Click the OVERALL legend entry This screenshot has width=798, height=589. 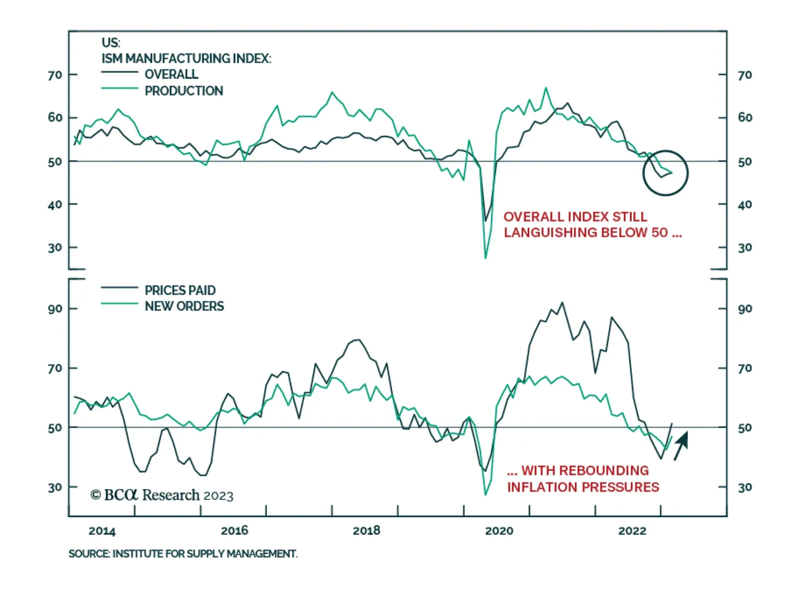click(171, 74)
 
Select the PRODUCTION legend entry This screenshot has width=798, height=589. click(184, 91)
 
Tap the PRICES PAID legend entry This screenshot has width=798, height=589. click(180, 290)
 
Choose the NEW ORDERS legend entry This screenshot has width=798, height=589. click(184, 306)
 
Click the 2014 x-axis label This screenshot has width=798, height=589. click(102, 531)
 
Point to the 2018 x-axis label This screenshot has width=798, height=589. click(366, 531)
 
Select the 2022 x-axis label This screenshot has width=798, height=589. click(632, 531)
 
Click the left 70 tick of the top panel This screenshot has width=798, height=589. click(55, 75)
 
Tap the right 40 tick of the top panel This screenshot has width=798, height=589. click(745, 204)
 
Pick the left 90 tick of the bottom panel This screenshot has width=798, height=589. click(55, 309)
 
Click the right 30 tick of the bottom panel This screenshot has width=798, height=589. click(745, 487)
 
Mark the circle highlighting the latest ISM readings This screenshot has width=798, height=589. click(665, 173)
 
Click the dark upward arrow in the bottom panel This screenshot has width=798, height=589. click(681, 445)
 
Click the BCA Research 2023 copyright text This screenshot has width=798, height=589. click(162, 495)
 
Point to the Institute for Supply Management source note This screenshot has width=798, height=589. click(183, 554)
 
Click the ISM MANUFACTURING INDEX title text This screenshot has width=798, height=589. click(186, 58)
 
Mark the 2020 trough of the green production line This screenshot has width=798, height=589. click(485, 258)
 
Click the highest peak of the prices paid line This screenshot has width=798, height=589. click(562, 302)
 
